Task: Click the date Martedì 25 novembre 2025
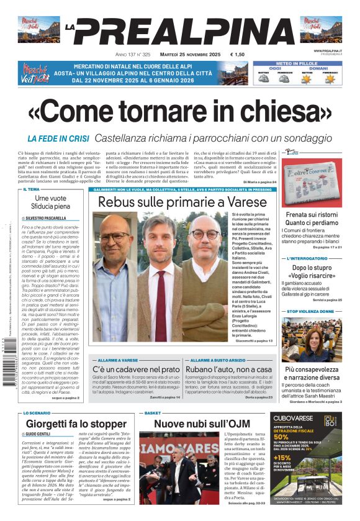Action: click(187, 55)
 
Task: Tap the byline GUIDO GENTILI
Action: click(41, 433)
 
